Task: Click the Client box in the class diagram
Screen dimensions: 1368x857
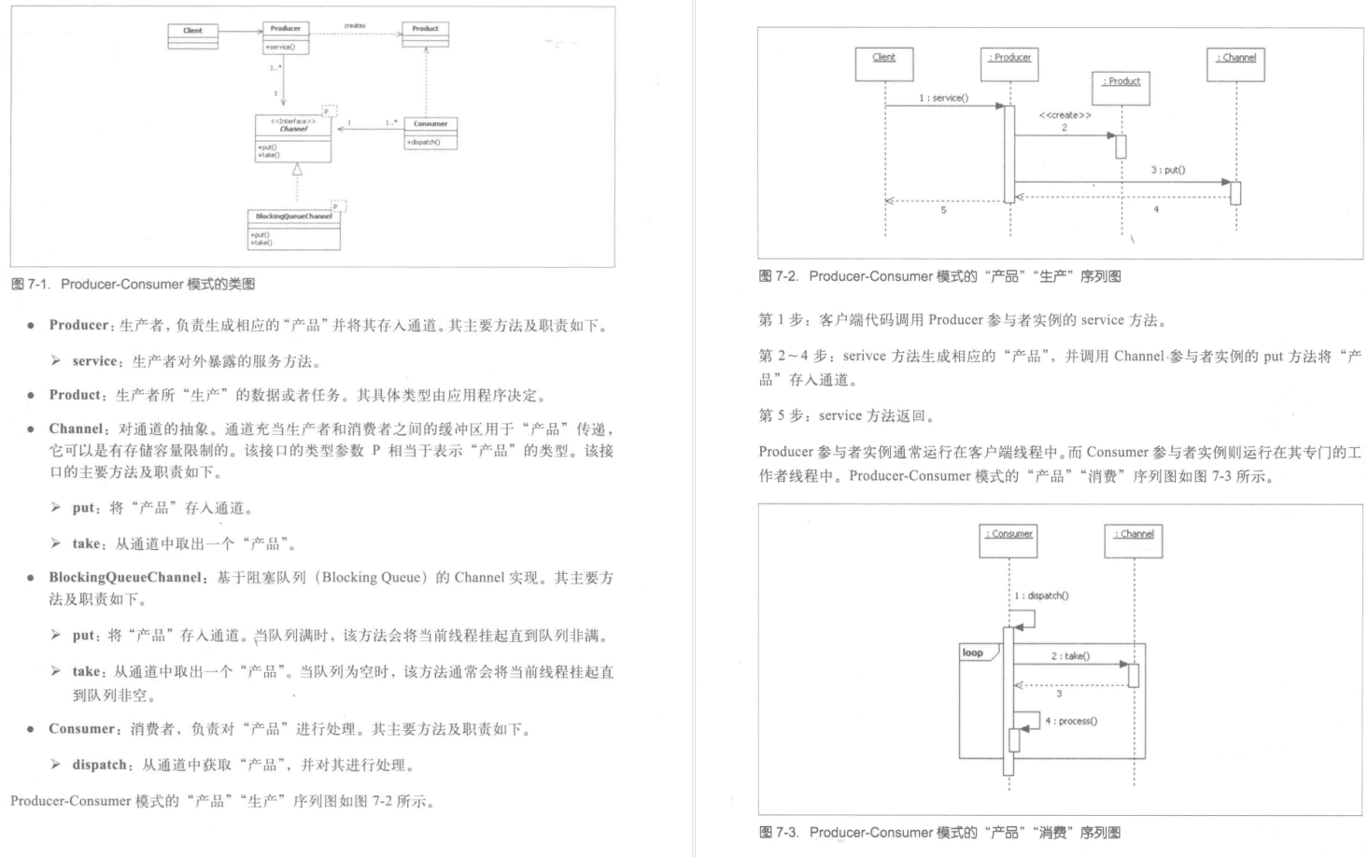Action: (x=192, y=35)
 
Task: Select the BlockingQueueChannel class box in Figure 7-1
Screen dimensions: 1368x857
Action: (x=293, y=229)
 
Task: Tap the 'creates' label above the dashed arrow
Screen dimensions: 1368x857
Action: (x=355, y=26)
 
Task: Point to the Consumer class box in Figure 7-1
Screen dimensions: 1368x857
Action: (x=430, y=132)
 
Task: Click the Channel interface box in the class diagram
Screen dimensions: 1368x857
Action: (x=293, y=138)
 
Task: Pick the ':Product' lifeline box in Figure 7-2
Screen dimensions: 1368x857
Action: (x=1121, y=87)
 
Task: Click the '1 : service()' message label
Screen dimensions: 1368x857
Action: (x=943, y=98)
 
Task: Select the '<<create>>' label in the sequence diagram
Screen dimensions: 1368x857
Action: (x=1065, y=116)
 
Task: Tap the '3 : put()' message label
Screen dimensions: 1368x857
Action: (x=1167, y=170)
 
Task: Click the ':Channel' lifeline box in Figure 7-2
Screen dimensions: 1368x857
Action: (x=1235, y=63)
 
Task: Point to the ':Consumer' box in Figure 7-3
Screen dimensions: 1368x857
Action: (x=1008, y=541)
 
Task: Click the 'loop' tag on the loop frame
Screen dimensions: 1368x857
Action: (x=973, y=653)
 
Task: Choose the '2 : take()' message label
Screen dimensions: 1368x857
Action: (x=1070, y=656)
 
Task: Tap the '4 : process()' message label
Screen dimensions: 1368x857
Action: (x=1071, y=721)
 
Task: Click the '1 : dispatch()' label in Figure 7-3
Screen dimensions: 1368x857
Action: (x=1042, y=596)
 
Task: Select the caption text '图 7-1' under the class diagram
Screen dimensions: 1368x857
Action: (x=31, y=284)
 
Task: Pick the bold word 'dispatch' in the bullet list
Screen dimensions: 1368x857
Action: (x=99, y=765)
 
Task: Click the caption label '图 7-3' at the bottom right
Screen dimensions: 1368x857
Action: (x=779, y=832)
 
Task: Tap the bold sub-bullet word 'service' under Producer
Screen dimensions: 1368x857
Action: (x=94, y=361)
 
